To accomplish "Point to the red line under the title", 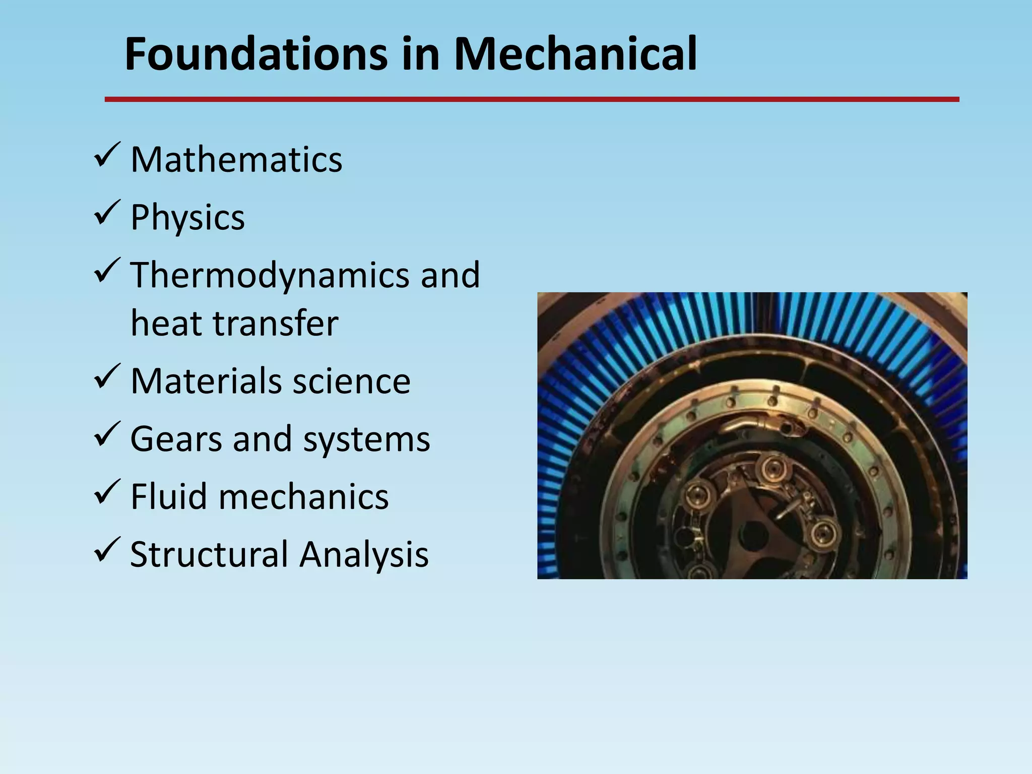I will click(x=532, y=100).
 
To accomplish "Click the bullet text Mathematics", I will click(x=236, y=160).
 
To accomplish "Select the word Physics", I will click(x=187, y=218).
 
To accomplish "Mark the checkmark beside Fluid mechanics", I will click(x=106, y=492).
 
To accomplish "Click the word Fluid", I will click(x=169, y=497).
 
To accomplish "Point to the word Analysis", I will click(x=364, y=554).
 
